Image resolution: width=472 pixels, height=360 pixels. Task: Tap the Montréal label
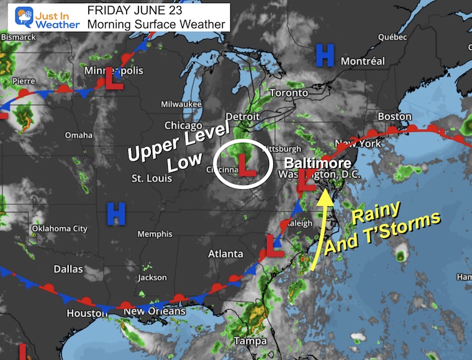pos(363,61)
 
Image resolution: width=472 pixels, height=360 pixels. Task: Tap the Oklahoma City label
pos(60,228)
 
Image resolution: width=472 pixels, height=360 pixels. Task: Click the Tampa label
pos(250,341)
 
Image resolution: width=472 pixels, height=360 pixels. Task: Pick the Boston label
pos(394,116)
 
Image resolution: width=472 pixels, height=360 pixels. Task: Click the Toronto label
pos(289,92)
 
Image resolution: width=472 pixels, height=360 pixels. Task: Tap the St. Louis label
pos(147,179)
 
